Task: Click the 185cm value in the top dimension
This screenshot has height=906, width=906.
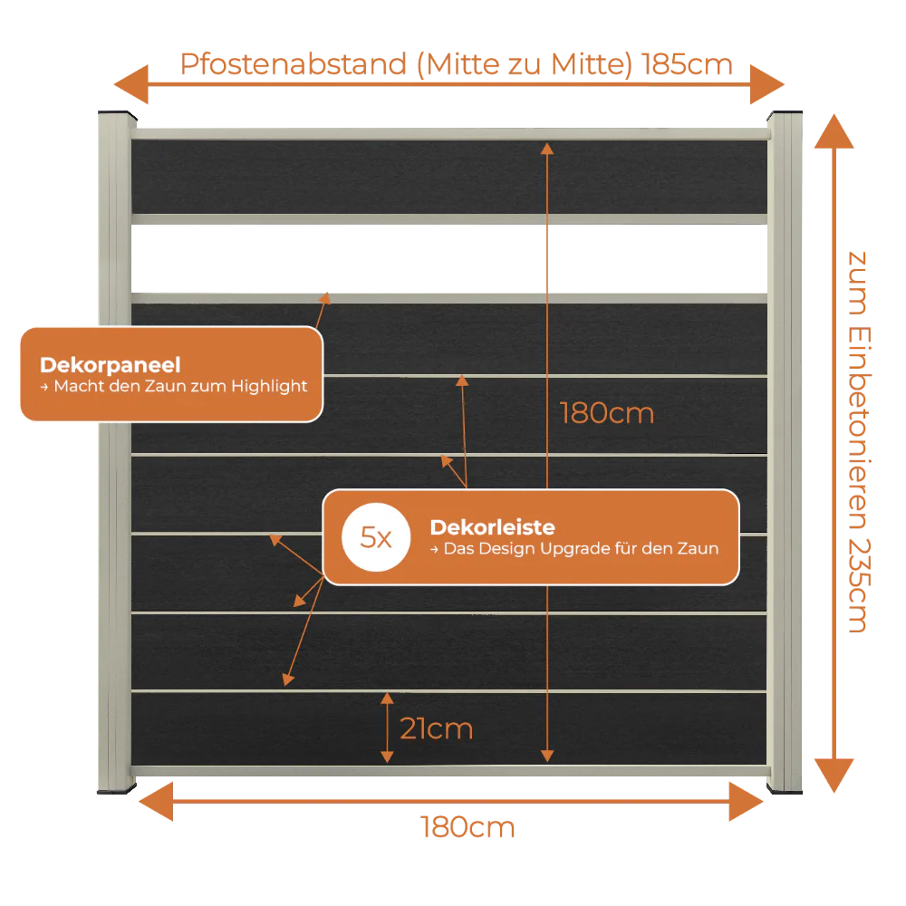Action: point(687,64)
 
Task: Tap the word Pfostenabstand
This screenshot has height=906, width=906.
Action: point(294,64)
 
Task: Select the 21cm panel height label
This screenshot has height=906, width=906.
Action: point(437,728)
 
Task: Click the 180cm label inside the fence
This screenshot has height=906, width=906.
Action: point(607,413)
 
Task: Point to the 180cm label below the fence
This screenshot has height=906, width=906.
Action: point(467,827)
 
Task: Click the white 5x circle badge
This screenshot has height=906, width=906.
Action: point(376,537)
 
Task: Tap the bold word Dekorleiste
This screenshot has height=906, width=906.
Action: point(492,527)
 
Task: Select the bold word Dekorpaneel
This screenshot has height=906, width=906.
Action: point(110,364)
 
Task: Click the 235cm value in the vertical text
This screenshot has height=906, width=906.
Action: point(859,585)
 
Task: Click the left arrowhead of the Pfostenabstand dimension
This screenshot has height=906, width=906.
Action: point(131,84)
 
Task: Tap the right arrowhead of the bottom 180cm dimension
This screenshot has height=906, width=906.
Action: point(746,802)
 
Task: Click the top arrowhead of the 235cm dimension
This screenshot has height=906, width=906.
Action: point(834,131)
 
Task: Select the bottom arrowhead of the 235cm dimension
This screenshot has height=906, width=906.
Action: point(834,776)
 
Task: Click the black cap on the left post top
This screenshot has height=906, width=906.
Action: point(117,114)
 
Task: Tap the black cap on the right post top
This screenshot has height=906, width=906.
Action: point(785,114)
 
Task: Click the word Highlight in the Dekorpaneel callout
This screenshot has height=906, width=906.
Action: point(269,386)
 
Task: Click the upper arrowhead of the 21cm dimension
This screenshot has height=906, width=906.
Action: point(387,699)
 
